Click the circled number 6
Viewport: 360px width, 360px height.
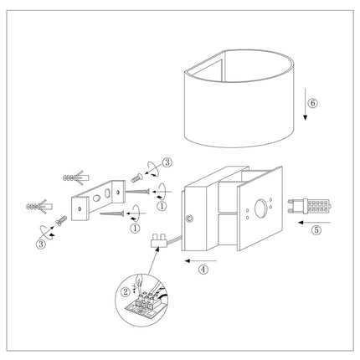(312, 103)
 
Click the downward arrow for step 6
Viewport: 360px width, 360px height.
(306, 105)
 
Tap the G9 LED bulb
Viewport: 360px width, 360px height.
(310, 206)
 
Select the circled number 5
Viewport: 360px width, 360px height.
(316, 230)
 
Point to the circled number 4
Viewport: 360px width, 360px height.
(203, 270)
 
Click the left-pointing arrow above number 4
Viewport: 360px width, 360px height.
(201, 260)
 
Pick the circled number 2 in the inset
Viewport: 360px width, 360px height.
(126, 292)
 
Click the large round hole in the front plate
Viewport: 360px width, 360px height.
(261, 208)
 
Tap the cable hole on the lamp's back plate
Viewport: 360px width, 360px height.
(190, 218)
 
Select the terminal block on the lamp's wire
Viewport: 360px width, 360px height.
(158, 241)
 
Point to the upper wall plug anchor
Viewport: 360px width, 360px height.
(76, 177)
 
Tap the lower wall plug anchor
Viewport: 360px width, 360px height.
(39, 207)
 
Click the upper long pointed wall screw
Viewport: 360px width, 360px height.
(137, 192)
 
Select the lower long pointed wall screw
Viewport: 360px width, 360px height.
(112, 213)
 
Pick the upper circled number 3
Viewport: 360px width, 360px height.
(167, 162)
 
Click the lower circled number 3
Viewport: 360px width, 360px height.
(41, 244)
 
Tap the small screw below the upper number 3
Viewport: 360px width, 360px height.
(137, 177)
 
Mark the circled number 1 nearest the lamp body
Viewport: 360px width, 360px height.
(162, 207)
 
